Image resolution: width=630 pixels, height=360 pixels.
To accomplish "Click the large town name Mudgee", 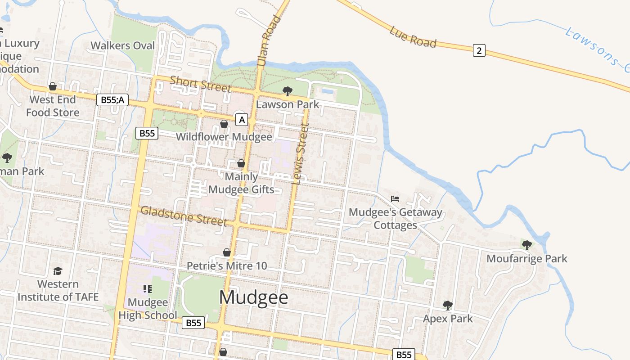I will [254, 297].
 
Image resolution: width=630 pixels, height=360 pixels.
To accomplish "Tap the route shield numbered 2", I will [479, 50].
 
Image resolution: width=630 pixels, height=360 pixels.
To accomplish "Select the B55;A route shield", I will [112, 100].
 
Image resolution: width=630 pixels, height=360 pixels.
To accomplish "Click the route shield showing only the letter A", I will [242, 120].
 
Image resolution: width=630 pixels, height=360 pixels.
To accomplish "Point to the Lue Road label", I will [413, 37].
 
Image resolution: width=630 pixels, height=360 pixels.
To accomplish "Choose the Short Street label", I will [201, 84].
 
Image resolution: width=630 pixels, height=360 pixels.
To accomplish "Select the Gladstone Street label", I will [184, 216].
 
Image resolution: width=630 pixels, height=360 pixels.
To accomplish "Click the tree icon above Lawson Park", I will [287, 92].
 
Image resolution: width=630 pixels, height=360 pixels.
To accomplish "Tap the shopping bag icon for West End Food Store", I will [53, 86].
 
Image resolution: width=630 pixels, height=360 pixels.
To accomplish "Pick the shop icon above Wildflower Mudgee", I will [224, 124].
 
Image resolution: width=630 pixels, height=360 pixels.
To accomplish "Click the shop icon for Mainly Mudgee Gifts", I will [241, 163].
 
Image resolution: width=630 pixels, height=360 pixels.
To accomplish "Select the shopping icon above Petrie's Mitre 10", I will [227, 253].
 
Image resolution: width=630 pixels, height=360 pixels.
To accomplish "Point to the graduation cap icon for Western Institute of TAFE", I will [58, 271].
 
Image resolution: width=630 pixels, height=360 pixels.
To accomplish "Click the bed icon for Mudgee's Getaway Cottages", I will [395, 198].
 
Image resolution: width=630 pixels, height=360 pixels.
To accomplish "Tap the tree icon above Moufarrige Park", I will [526, 245].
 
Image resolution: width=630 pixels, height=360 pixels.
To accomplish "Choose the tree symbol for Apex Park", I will [447, 306].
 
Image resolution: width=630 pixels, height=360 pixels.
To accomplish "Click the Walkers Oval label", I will [123, 45].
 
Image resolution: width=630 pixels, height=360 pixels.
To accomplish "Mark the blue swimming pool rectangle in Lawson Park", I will [328, 91].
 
